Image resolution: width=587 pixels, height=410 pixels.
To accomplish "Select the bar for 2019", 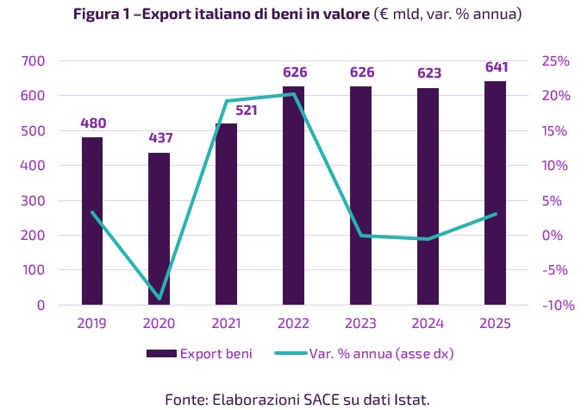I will (92, 221).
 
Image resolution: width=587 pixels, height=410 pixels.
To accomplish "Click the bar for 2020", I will (159, 229).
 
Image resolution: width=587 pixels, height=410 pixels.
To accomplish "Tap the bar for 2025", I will (496, 192).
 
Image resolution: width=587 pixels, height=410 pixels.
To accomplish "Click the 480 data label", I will (92, 123).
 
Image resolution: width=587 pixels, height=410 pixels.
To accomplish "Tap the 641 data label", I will (496, 67).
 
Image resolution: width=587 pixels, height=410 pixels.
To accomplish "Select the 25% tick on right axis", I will (555, 61).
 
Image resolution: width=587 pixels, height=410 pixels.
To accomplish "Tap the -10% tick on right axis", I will (553, 306).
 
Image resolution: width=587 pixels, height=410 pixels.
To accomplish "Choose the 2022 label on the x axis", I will (294, 324).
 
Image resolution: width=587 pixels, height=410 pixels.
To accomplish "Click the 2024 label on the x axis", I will (428, 324).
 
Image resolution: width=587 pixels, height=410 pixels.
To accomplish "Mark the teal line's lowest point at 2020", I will (159, 299).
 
